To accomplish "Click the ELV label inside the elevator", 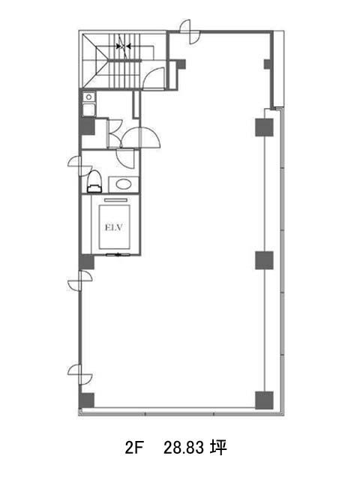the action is click(x=114, y=227).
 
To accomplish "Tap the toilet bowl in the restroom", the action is click(x=94, y=181).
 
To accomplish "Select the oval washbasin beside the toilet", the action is click(x=124, y=184).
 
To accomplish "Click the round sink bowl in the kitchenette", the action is click(x=88, y=97).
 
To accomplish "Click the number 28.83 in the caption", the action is click(x=183, y=448).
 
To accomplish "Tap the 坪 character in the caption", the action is click(x=218, y=448).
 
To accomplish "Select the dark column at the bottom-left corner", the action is click(x=87, y=400).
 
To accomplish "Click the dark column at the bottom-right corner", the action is click(x=264, y=400).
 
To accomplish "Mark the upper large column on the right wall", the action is click(x=264, y=127).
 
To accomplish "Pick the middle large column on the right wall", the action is click(x=264, y=260).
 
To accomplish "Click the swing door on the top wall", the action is click(x=190, y=31).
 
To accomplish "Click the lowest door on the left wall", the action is click(x=80, y=374).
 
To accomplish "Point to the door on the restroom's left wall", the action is click(x=80, y=166).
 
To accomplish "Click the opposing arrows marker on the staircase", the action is click(x=124, y=46).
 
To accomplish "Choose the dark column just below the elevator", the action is click(x=87, y=262).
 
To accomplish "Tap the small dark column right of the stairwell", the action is click(x=181, y=64).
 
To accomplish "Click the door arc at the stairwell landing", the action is click(x=154, y=78).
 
